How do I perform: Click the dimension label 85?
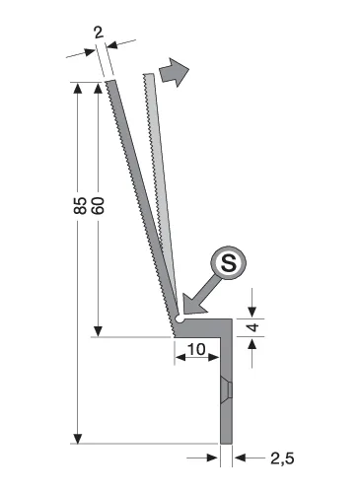80,206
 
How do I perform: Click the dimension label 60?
98,206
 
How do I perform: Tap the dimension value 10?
196,349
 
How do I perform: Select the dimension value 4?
253,327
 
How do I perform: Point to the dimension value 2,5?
282,458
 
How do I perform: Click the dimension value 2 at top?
99,33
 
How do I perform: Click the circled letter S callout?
229,262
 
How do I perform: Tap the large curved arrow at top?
174,72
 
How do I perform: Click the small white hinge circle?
180,318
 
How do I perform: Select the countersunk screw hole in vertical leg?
227,391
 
